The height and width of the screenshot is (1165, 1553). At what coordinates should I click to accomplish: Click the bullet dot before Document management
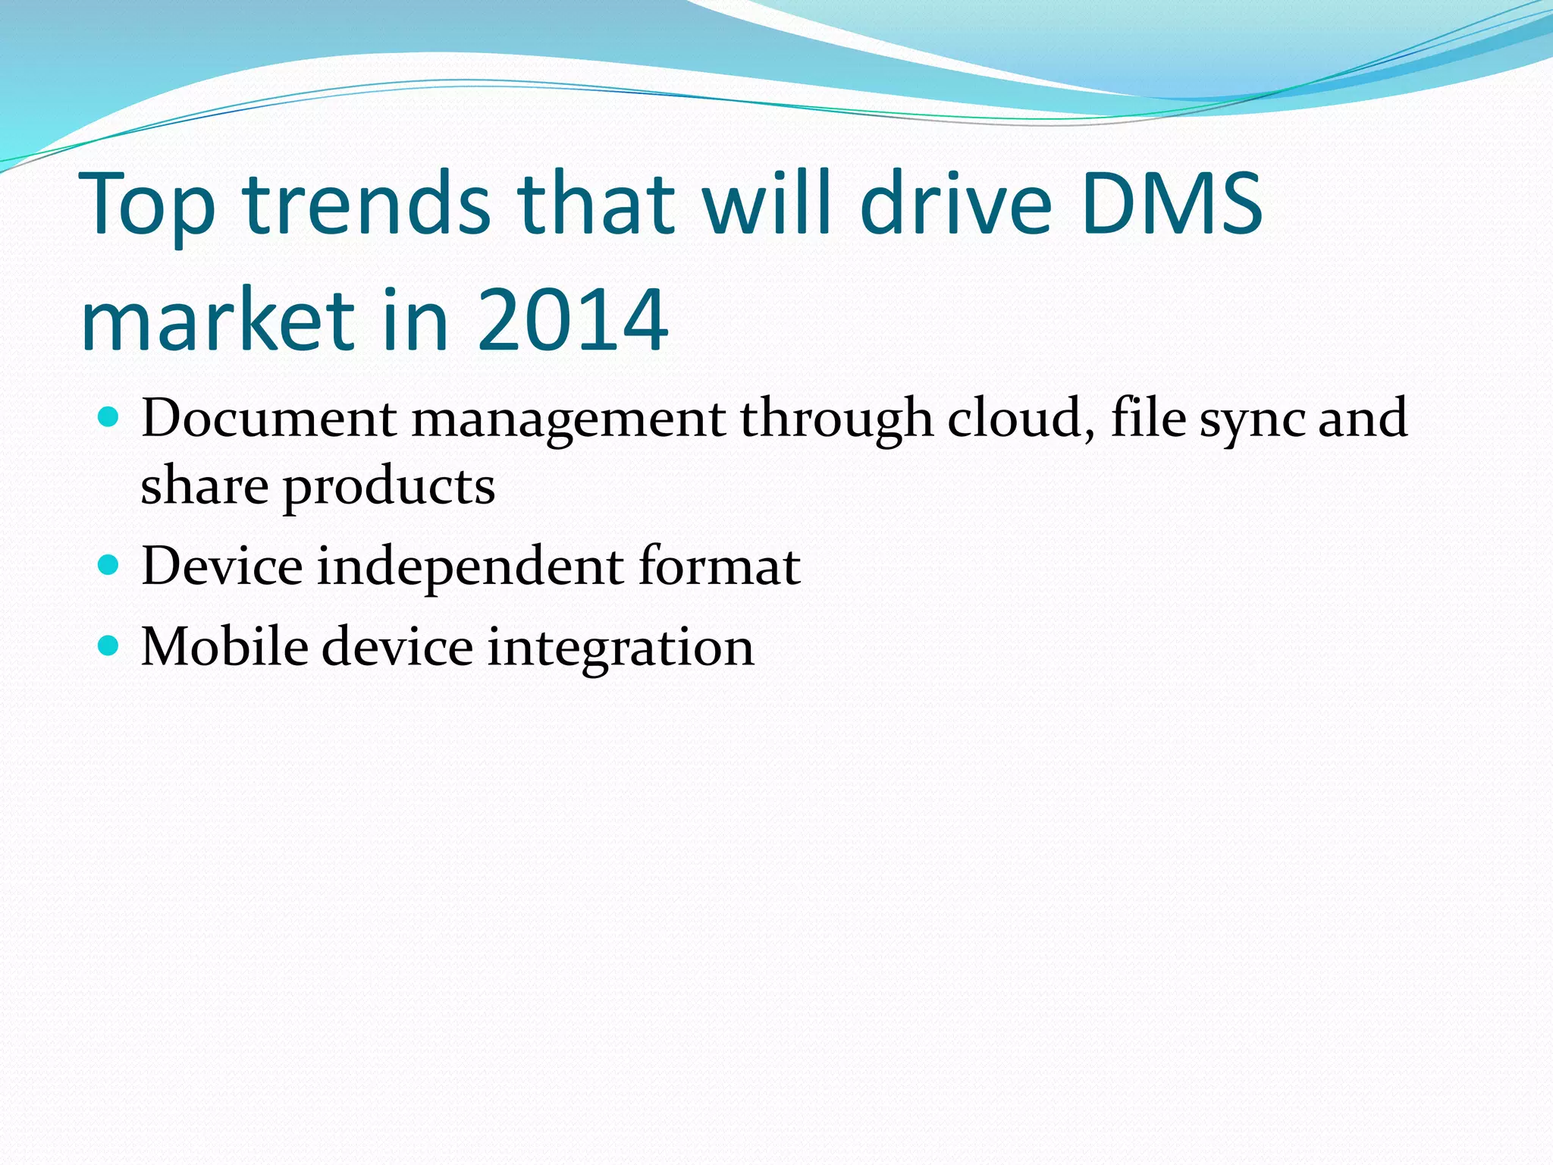coord(109,416)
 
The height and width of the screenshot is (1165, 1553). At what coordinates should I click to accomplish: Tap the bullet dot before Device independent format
coord(109,564)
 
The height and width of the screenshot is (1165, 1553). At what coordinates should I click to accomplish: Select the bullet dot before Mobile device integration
coord(109,645)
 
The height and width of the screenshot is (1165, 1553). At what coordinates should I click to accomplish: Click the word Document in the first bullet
coord(268,418)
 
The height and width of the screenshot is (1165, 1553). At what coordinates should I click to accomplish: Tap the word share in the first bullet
coord(204,485)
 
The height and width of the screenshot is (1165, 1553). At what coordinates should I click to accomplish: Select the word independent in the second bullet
coord(470,567)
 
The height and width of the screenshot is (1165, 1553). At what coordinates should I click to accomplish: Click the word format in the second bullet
coord(719,566)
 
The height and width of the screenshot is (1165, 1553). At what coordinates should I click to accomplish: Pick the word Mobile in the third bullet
coord(224,647)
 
